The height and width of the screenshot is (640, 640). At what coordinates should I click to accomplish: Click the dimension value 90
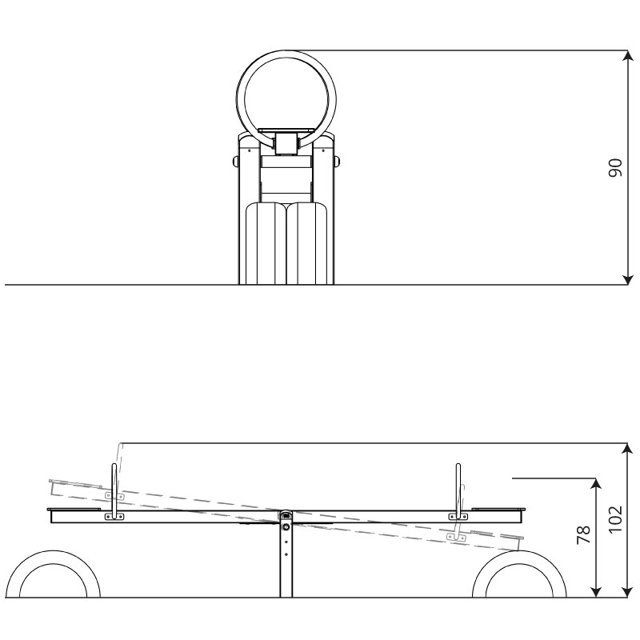click(x=615, y=167)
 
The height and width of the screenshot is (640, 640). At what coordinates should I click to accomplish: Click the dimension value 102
click(x=615, y=518)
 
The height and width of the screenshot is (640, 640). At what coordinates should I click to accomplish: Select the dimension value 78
click(x=584, y=534)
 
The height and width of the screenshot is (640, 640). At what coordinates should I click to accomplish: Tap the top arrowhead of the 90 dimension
click(x=627, y=56)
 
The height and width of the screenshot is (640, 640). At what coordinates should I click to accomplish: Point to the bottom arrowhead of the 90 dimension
click(x=627, y=278)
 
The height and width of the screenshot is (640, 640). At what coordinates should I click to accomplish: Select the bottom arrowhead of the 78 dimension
click(x=596, y=592)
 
